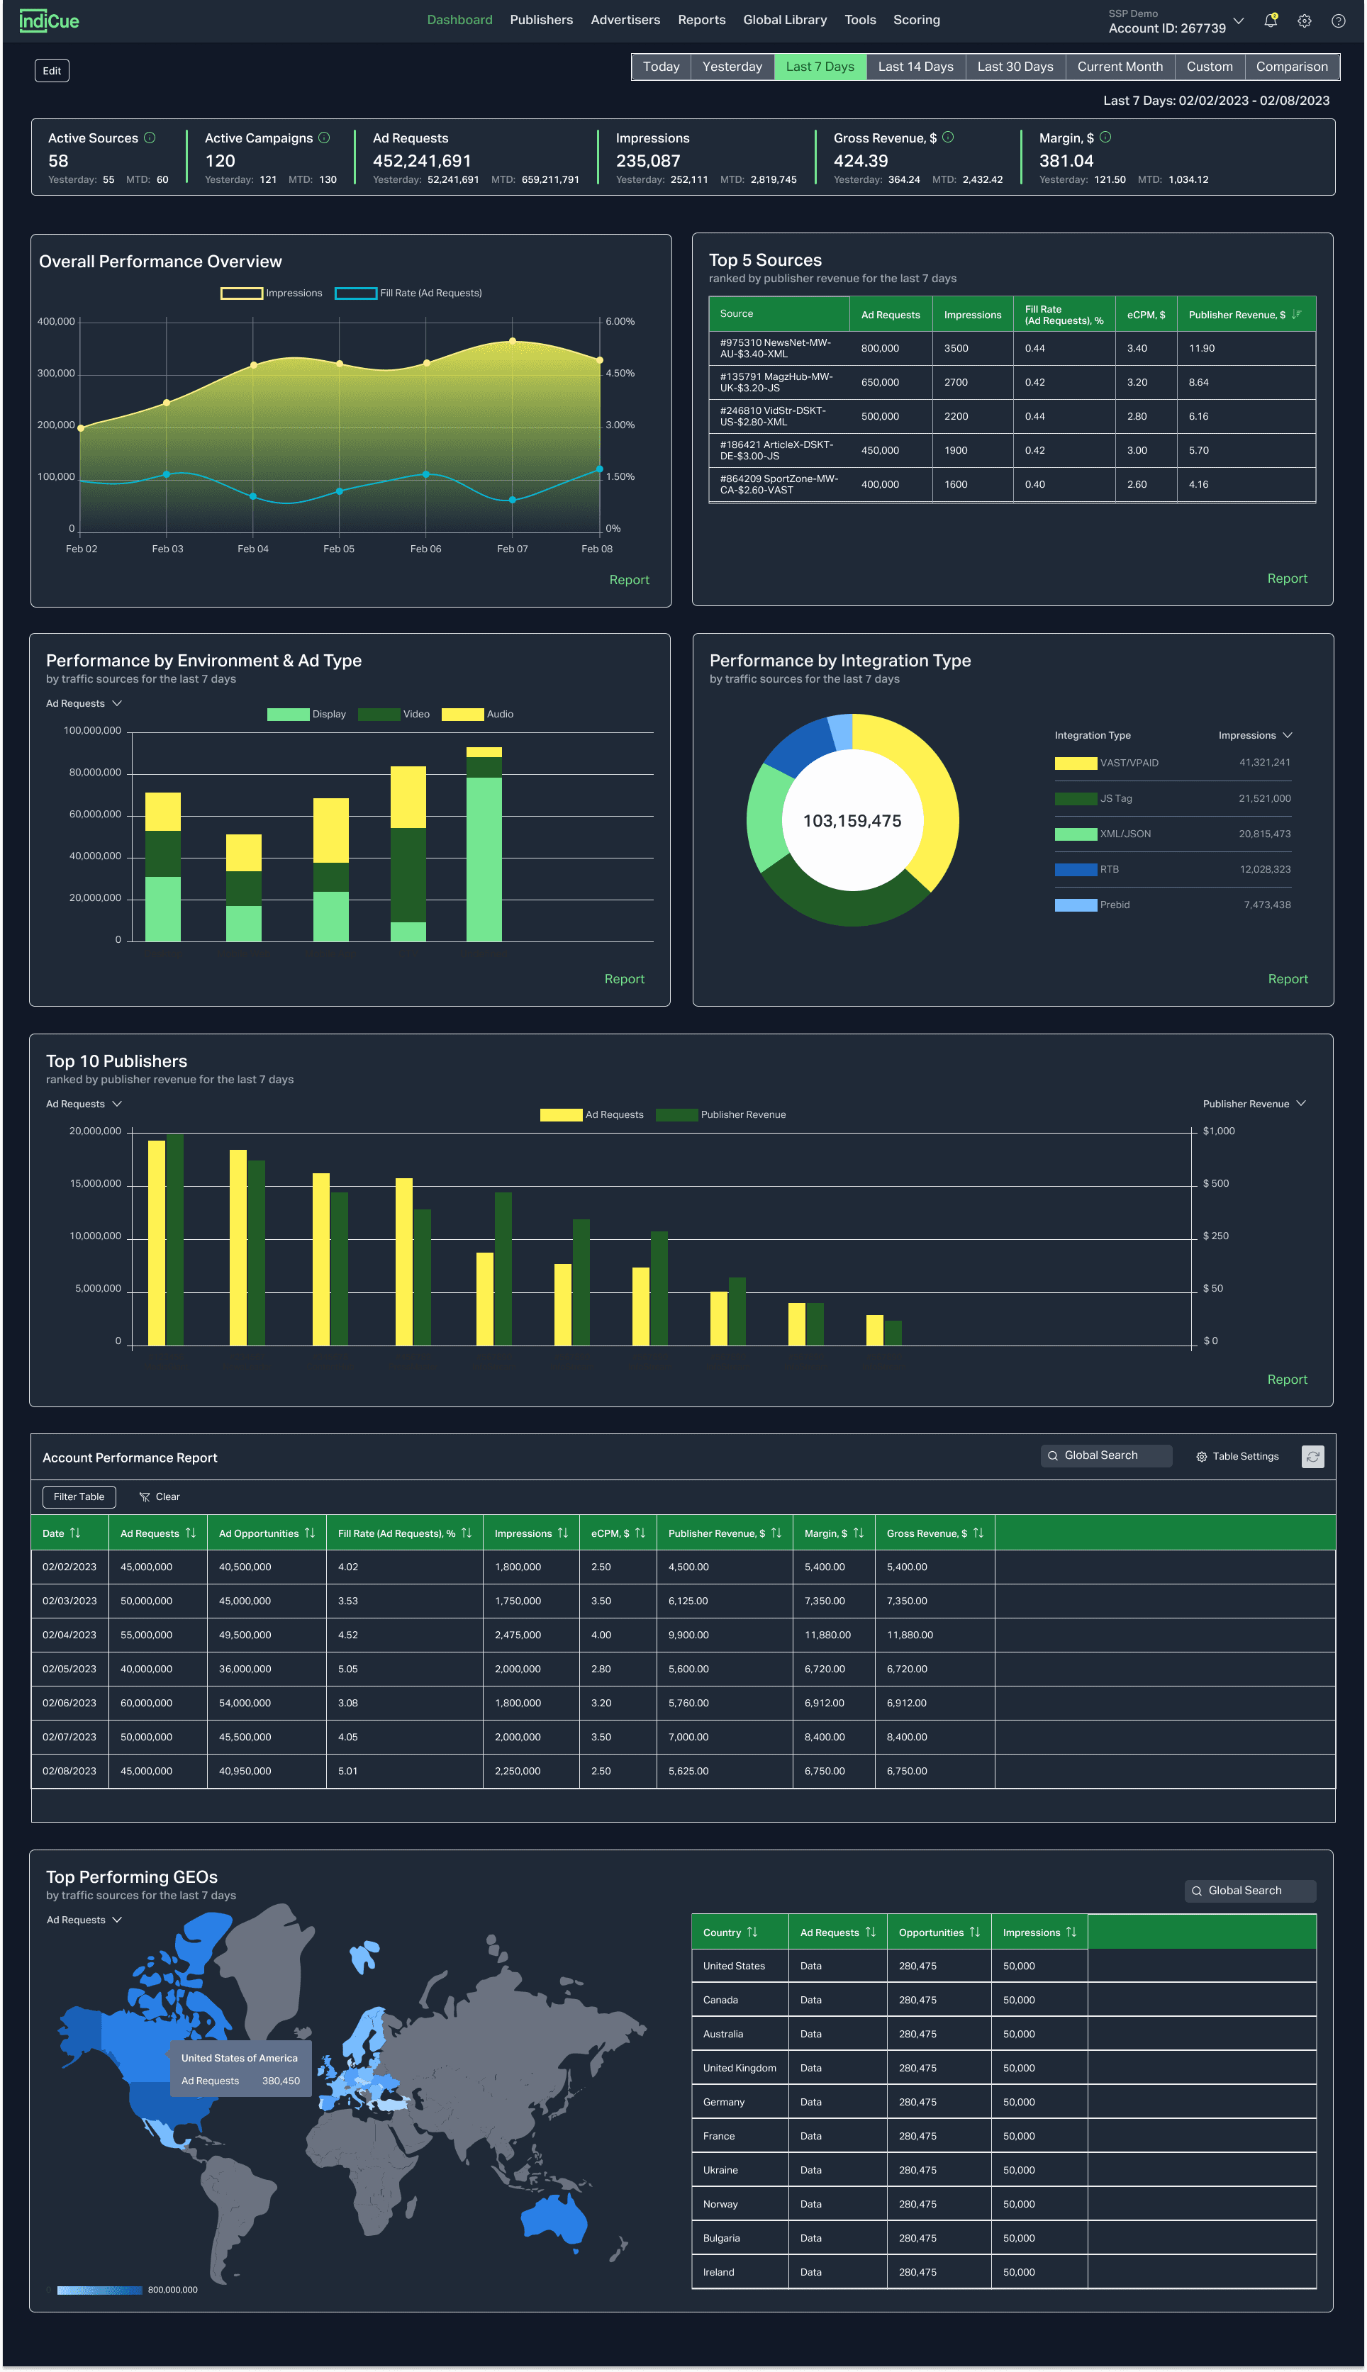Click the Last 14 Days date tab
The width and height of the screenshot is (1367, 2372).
pyautogui.click(x=915, y=67)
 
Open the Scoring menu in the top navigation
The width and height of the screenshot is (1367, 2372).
pyautogui.click(x=916, y=20)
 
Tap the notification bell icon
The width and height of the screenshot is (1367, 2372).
pyautogui.click(x=1271, y=21)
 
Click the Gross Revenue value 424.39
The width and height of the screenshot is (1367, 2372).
pyautogui.click(x=860, y=160)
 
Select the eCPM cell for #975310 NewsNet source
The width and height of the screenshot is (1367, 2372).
pyautogui.click(x=1137, y=348)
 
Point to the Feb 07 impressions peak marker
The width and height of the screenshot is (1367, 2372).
pyautogui.click(x=513, y=341)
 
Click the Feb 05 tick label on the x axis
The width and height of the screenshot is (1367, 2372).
pyautogui.click(x=339, y=549)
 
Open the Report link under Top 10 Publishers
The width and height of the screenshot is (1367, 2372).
pyautogui.click(x=1286, y=1379)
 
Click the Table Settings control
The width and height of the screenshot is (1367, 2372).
pyautogui.click(x=1237, y=1456)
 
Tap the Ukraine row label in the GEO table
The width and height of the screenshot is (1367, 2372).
pyautogui.click(x=720, y=2169)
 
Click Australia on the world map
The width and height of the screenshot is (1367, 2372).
pyautogui.click(x=554, y=2219)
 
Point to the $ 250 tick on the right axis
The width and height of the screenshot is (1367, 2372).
pyautogui.click(x=1216, y=1236)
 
